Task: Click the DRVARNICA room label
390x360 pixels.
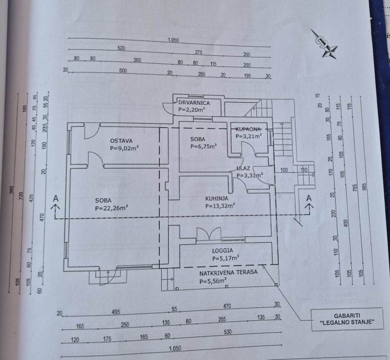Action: coord(194,103)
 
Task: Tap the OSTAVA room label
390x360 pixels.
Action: coord(121,140)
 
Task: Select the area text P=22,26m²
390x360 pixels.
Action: coord(111,208)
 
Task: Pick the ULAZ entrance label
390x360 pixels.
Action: coord(243,169)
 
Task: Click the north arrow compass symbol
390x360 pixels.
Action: coord(324,43)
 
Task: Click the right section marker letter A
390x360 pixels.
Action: coord(309,198)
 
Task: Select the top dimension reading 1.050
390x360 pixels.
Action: coord(173,40)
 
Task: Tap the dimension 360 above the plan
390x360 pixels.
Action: coord(137,60)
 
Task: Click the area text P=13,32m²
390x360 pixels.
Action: coord(220,206)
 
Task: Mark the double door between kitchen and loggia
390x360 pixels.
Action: coord(208,234)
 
